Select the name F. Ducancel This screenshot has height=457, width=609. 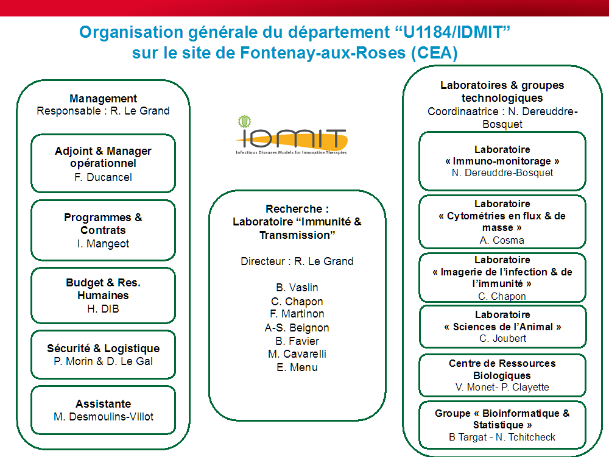103,177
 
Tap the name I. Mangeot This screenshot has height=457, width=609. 103,244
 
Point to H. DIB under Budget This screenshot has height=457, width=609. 103,309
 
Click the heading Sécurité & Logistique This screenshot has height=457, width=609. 103,349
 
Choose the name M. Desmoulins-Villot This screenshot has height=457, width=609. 103,417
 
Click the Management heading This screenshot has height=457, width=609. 103,99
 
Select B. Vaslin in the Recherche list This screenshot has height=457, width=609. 297,288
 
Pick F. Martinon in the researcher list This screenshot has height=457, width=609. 297,314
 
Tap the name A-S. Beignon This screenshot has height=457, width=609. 297,328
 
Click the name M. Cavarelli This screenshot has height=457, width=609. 297,354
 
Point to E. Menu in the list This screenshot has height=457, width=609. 297,367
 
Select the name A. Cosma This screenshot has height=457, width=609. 502,240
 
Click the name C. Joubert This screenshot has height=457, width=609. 502,339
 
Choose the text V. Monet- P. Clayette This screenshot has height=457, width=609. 502,388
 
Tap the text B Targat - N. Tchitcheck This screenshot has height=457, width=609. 502,437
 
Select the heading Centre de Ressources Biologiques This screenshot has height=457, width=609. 502,369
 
